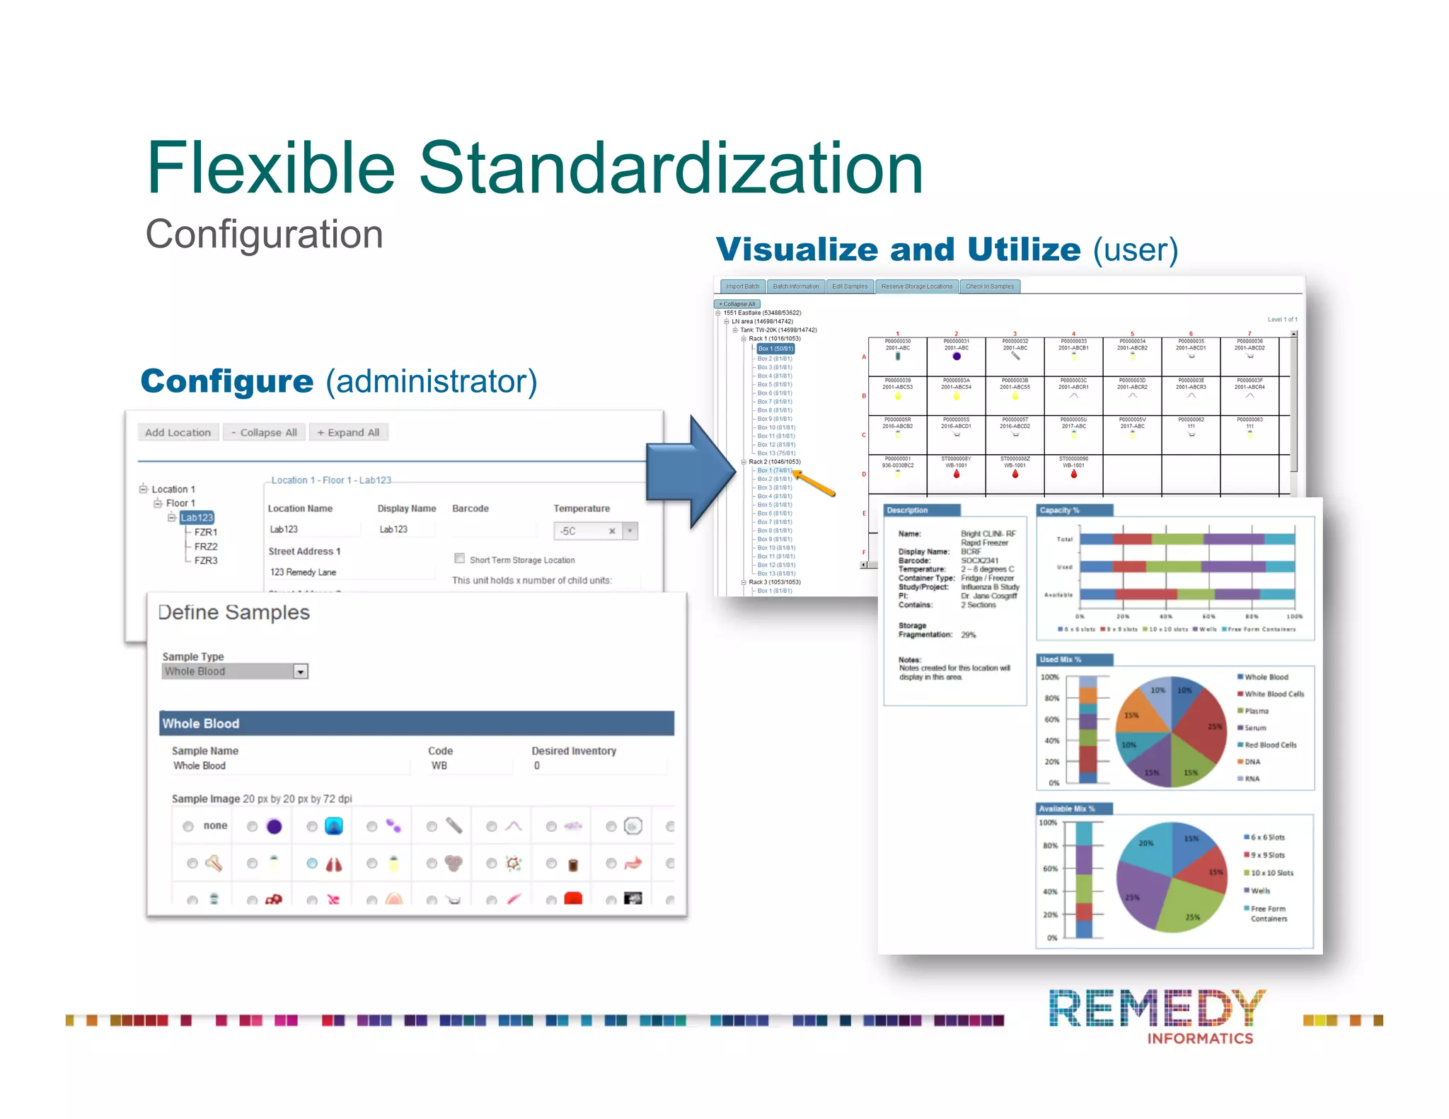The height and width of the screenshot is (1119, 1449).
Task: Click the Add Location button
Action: click(x=178, y=432)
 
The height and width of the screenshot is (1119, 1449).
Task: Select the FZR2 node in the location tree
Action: click(x=206, y=546)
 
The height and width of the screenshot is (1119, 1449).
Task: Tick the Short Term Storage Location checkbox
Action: click(x=459, y=558)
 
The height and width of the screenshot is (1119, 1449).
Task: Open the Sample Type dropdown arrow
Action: click(x=301, y=671)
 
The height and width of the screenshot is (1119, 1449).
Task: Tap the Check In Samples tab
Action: click(x=989, y=286)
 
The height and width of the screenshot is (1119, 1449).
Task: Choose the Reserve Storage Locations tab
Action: click(x=916, y=286)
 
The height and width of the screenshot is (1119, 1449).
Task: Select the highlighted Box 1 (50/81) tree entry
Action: click(x=775, y=349)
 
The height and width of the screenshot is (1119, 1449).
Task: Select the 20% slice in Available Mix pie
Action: click(x=1145, y=849)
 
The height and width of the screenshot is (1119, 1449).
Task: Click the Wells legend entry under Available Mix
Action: click(x=1260, y=891)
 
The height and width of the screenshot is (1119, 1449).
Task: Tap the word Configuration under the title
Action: click(x=264, y=234)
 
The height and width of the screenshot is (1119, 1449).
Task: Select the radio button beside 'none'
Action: click(x=188, y=826)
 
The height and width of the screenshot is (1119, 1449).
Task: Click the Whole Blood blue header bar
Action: click(x=417, y=723)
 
